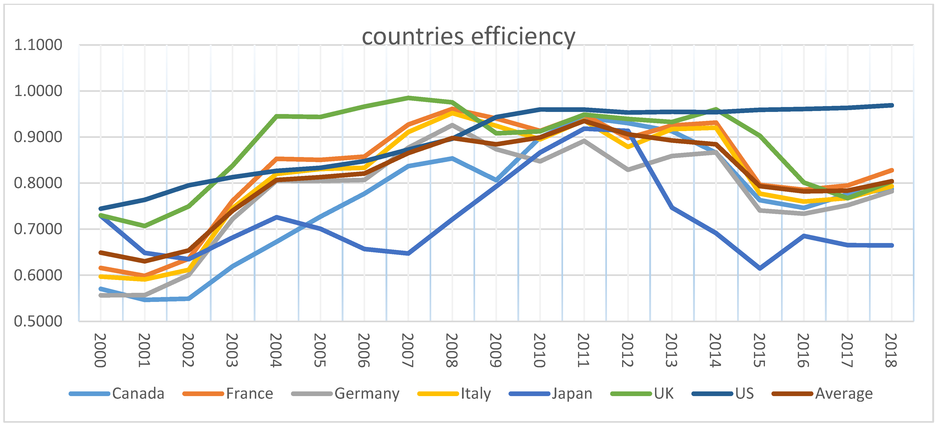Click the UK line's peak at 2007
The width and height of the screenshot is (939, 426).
coord(408,97)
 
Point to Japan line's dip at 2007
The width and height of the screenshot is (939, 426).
coord(408,253)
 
